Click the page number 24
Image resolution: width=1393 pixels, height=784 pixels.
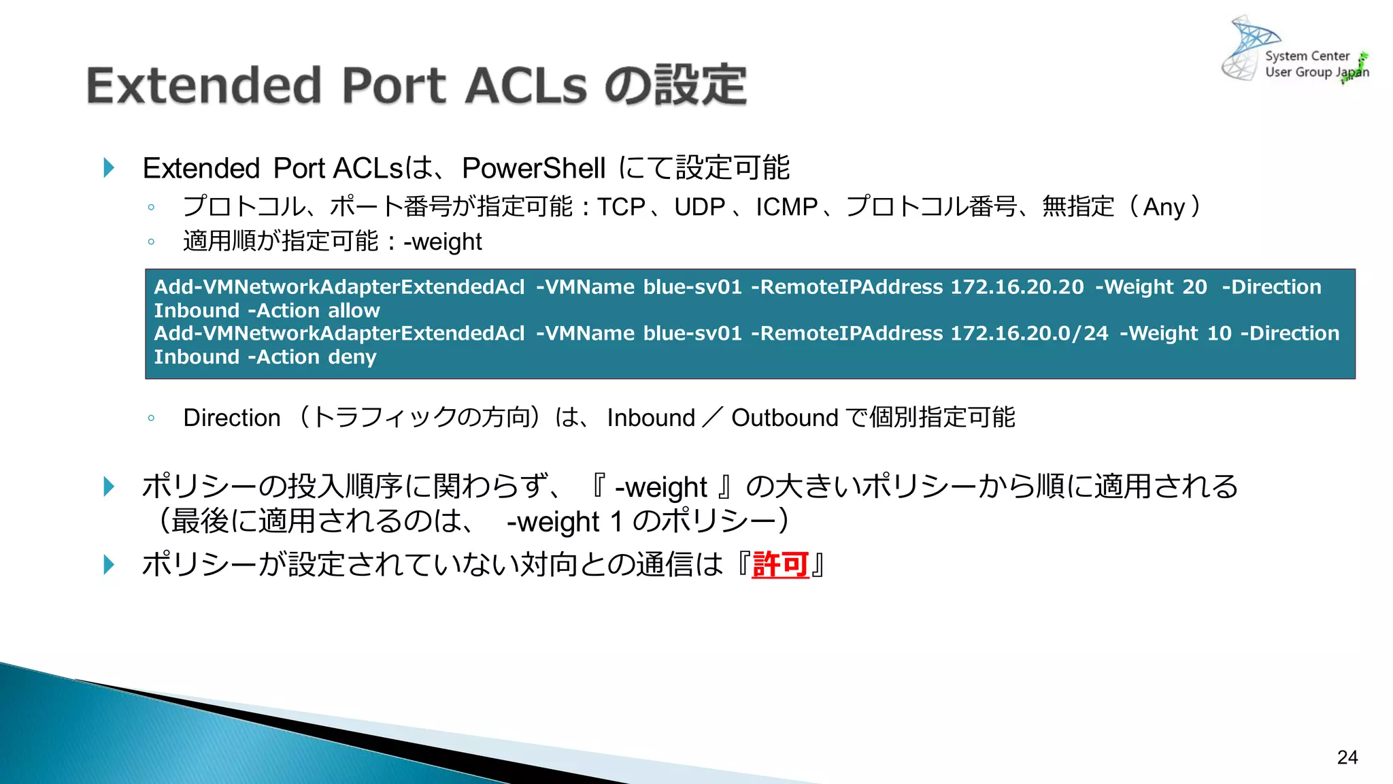point(1347,757)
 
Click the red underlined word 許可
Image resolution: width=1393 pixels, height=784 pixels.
point(780,565)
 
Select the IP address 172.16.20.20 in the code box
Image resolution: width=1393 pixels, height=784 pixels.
point(1017,287)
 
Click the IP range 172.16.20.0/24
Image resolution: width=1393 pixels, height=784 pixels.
point(1029,333)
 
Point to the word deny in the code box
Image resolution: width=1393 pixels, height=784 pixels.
point(352,357)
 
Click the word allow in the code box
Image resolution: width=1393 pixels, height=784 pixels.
point(354,311)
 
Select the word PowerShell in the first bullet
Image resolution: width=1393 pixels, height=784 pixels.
point(533,168)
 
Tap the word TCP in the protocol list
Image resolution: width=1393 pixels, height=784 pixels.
point(621,207)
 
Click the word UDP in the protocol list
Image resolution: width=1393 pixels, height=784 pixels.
point(700,207)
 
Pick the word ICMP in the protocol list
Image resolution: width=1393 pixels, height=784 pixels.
point(787,207)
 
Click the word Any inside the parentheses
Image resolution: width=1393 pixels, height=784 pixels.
point(1164,207)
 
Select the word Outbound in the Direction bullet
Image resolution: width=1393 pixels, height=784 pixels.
point(784,418)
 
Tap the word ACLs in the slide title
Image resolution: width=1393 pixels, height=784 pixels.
point(526,86)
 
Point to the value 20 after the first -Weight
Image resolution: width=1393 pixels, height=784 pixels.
point(1194,287)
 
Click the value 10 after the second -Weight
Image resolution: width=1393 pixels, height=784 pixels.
point(1220,333)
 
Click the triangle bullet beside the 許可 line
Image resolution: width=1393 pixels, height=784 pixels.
point(109,564)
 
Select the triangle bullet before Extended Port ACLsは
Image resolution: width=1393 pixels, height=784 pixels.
point(109,167)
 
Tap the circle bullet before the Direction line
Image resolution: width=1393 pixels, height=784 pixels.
point(151,418)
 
